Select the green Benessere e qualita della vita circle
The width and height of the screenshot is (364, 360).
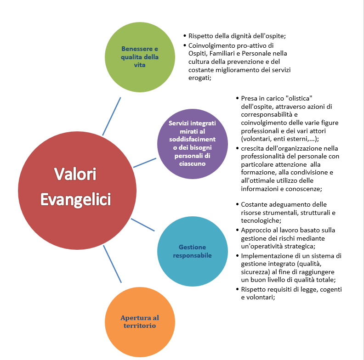pos(140,57)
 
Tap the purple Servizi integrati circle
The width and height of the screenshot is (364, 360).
pos(193,143)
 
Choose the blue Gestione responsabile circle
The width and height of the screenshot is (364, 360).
pos(193,251)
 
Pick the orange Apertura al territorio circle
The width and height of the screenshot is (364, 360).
pos(140,321)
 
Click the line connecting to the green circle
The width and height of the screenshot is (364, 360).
pos(112,116)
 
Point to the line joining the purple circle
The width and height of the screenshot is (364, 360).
pos(145,163)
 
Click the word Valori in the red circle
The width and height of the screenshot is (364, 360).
pos(76,174)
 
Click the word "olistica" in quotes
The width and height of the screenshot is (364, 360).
pos(296,99)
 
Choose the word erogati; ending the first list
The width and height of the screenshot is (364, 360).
pos(200,78)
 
